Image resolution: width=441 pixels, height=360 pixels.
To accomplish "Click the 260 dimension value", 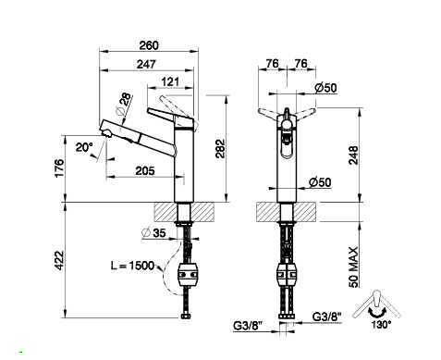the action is click(149, 45).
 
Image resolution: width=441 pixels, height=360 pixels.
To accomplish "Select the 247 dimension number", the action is click(146, 65).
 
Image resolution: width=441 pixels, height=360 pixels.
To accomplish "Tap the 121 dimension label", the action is click(170, 82).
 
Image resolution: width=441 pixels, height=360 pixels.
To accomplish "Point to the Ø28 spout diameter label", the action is click(123, 104).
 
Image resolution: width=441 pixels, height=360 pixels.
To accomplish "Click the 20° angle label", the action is click(84, 147).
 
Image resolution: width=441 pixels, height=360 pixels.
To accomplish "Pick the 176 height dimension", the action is click(59, 168).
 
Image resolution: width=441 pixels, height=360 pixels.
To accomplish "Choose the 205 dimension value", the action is click(145, 170).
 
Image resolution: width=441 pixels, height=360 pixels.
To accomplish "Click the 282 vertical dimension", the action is click(220, 149).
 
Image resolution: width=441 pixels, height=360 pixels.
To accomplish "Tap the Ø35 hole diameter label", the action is click(153, 233).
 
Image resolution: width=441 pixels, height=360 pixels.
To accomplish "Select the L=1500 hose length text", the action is click(132, 266).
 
